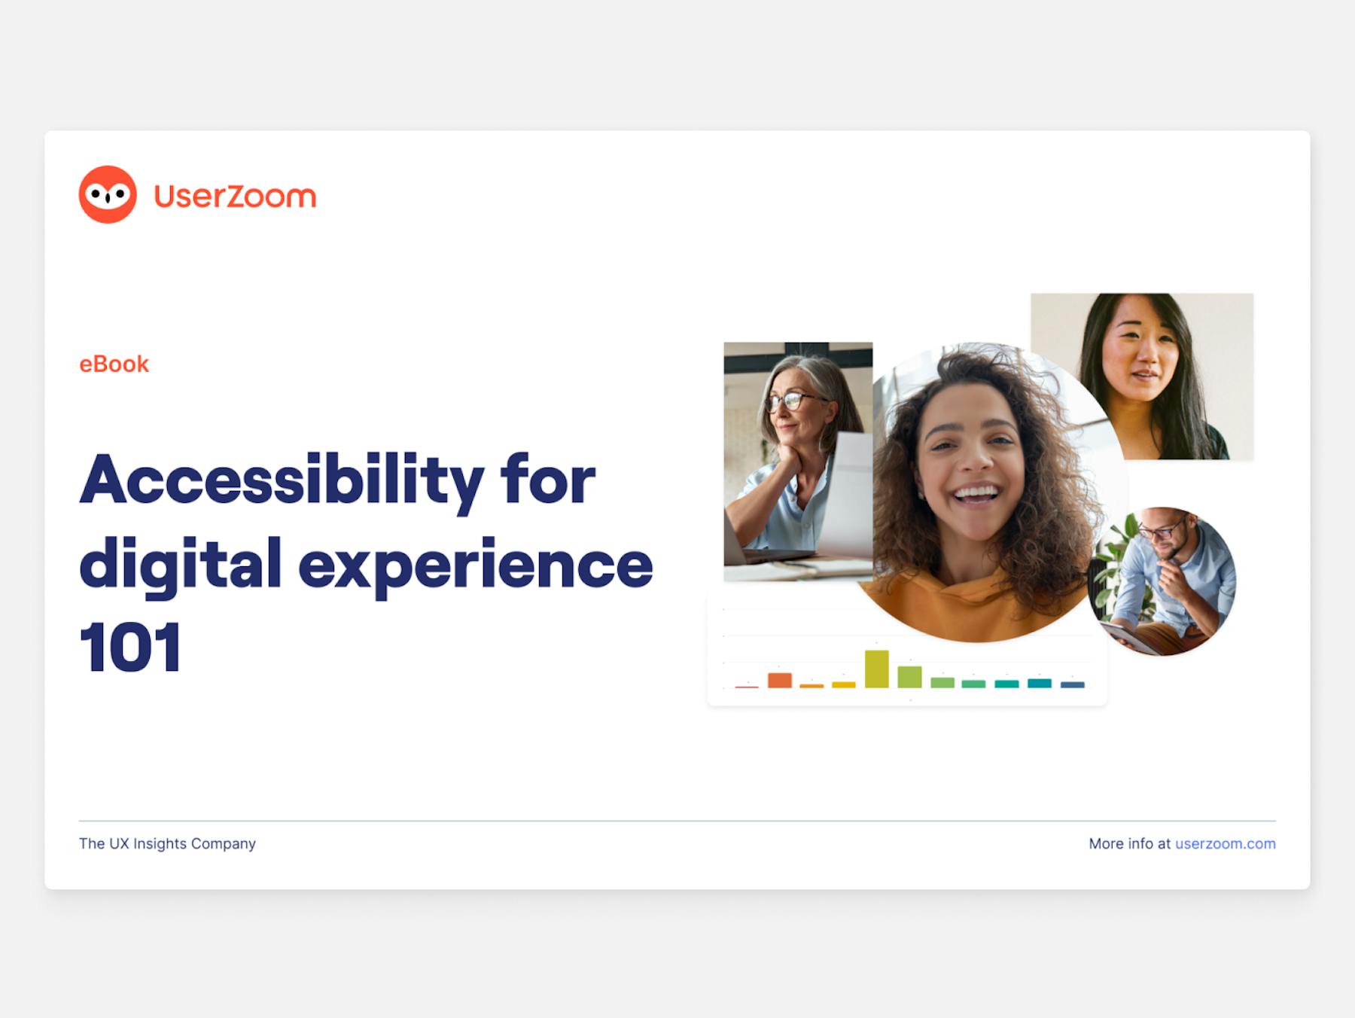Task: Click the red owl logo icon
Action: (108, 194)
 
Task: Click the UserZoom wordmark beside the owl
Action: (235, 196)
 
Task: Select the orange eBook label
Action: (114, 364)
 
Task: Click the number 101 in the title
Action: (130, 647)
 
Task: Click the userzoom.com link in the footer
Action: (1225, 843)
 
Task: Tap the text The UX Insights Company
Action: (167, 843)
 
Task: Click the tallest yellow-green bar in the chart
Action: (876, 669)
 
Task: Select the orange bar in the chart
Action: (780, 680)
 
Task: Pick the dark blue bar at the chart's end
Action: (1073, 684)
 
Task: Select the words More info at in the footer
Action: (1129, 843)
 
